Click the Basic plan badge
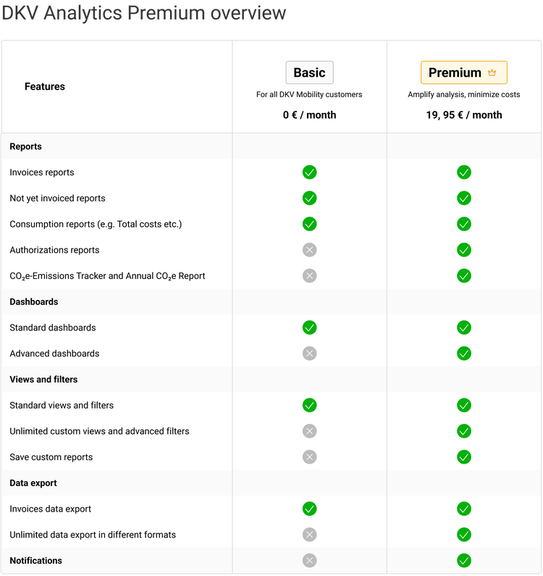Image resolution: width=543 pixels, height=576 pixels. point(309,72)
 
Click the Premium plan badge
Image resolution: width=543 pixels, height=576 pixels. point(463,72)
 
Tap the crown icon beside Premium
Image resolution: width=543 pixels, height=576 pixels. point(492,72)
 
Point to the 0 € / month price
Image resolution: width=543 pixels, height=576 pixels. point(309,114)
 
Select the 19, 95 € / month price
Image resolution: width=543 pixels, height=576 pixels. point(463,114)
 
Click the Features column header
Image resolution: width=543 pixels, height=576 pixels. point(45,86)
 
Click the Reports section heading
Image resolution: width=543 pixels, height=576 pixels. point(26,146)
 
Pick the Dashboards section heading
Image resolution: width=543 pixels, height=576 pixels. point(34,301)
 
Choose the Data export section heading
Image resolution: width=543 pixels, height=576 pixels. point(33,483)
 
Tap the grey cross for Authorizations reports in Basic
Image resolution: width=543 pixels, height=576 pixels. point(309,250)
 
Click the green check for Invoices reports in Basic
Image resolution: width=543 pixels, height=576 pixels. point(309,172)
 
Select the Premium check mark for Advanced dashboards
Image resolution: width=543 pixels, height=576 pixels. point(464,354)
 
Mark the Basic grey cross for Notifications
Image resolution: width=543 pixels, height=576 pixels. point(309,561)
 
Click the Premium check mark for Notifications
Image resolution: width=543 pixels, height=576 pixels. point(464,561)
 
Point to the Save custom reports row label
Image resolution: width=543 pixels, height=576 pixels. point(51,457)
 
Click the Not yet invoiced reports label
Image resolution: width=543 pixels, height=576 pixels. point(57,199)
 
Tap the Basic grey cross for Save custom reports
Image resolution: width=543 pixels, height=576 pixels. point(309,457)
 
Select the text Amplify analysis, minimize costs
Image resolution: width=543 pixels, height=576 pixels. point(463,94)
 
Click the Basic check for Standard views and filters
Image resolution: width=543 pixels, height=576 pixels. point(309,405)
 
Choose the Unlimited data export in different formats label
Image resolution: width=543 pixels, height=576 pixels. point(93,535)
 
